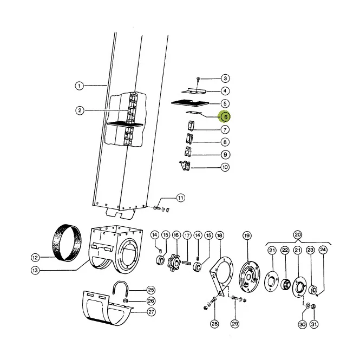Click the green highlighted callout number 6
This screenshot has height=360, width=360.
click(225, 117)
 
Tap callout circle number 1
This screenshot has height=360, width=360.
click(80, 86)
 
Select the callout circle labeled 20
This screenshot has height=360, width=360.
click(298, 235)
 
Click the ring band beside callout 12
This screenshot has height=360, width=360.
click(67, 243)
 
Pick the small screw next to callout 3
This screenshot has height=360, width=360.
click(199, 80)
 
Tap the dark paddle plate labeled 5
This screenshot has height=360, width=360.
click(190, 103)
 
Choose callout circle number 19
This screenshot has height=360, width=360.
click(247, 235)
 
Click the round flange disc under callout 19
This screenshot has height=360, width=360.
click(250, 277)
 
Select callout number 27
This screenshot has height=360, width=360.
click(151, 312)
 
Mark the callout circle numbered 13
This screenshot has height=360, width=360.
click(35, 271)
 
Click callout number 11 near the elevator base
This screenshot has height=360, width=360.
click(180, 198)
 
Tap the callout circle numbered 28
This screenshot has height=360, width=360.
click(214, 324)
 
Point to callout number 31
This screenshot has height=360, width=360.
click(314, 324)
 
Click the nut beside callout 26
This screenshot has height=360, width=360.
click(126, 300)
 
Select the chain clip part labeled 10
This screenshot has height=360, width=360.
click(185, 166)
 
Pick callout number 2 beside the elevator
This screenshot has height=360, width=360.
click(80, 110)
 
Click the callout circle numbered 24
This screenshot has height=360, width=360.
click(323, 250)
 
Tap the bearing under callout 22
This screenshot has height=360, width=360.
click(286, 284)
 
